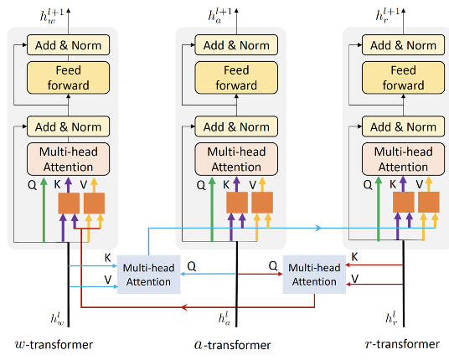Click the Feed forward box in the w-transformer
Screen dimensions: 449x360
pyautogui.click(x=68, y=78)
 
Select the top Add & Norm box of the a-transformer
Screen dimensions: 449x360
pyautogui.click(x=236, y=45)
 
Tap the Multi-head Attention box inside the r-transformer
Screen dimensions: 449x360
pyautogui.click(x=403, y=159)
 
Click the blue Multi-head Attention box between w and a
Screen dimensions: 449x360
pyautogui.click(x=148, y=275)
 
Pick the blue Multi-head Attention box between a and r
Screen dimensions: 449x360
pyautogui.click(x=314, y=275)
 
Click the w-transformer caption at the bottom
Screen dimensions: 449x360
pyautogui.click(x=54, y=345)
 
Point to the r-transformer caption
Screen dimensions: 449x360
pyautogui.click(x=402, y=344)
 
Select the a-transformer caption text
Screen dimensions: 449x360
pyautogui.click(x=233, y=345)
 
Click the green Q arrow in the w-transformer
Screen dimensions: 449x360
pyautogui.click(x=44, y=210)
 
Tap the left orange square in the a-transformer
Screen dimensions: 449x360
pyautogui.click(x=237, y=203)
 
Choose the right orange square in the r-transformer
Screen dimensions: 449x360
pyautogui.click(x=429, y=202)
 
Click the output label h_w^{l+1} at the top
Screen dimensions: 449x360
pyautogui.click(x=52, y=16)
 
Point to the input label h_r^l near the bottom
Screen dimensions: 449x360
pyautogui.click(x=391, y=318)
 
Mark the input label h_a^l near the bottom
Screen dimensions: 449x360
pyautogui.click(x=224, y=317)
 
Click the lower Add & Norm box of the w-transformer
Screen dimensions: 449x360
pyautogui.click(x=68, y=126)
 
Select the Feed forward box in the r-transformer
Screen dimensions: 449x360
pyautogui.click(x=403, y=78)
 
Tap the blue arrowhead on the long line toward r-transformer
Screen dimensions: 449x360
pyautogui.click(x=318, y=228)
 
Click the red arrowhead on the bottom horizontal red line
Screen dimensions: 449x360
pyautogui.click(x=184, y=307)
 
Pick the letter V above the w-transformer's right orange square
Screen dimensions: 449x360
pyautogui.click(x=83, y=185)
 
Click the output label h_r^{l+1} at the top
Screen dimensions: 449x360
pyautogui.click(x=388, y=15)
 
